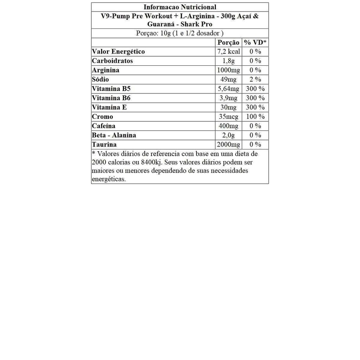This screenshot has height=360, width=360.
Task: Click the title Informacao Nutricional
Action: click(x=180, y=7)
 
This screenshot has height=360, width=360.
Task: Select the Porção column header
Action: click(x=229, y=43)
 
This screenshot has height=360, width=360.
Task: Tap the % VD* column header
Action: click(x=255, y=43)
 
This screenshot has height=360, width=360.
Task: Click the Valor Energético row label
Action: click(x=118, y=52)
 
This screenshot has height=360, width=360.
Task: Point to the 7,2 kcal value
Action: click(x=229, y=52)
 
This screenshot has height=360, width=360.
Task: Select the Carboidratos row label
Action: click(x=112, y=61)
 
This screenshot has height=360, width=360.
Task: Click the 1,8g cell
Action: click(x=229, y=61)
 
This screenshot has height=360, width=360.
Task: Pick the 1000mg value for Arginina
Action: click(x=229, y=70)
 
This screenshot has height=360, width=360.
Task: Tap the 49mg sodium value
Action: click(x=229, y=79)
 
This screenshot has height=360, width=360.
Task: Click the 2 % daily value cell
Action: click(x=255, y=79)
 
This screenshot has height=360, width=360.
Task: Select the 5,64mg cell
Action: click(x=229, y=89)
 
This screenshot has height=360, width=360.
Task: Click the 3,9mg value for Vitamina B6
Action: click(x=229, y=98)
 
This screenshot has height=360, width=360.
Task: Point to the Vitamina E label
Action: click(x=109, y=107)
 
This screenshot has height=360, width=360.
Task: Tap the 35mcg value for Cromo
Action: click(x=229, y=117)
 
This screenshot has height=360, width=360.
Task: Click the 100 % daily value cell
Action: click(x=255, y=117)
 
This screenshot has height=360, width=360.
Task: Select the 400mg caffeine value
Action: click(x=229, y=126)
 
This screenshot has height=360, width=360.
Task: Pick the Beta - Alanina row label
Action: click(x=114, y=135)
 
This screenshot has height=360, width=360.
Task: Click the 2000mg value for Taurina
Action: click(x=229, y=144)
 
